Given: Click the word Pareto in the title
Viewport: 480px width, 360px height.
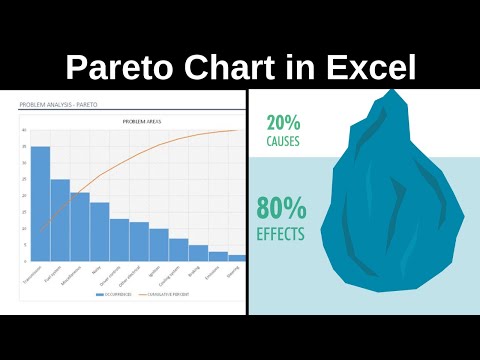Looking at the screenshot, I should [112, 67].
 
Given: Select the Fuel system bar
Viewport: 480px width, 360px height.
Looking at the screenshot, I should [60, 220].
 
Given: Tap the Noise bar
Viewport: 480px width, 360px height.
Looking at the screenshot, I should [100, 232].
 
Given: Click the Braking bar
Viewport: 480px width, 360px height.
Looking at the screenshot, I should [198, 253].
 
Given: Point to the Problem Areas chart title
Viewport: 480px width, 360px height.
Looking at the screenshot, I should [138, 120].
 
